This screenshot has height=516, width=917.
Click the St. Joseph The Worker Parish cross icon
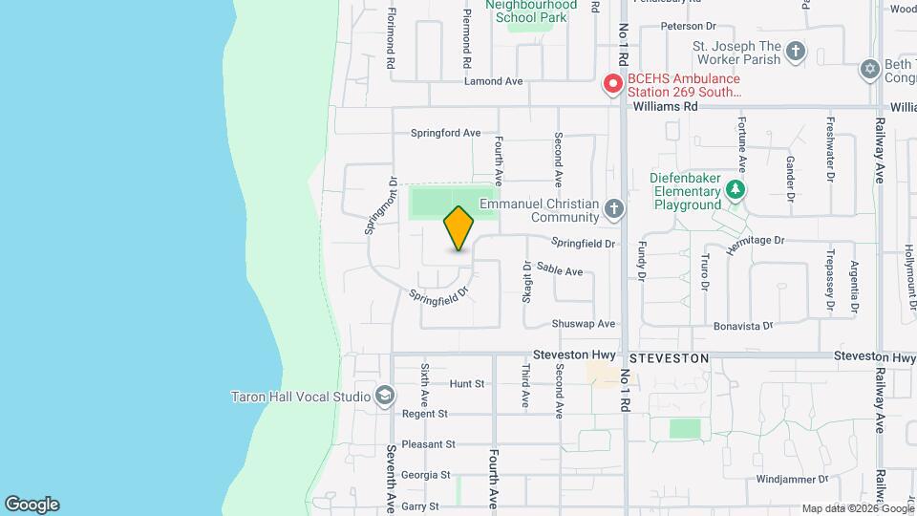coord(796,50)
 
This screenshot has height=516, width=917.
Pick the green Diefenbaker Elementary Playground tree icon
coord(736,189)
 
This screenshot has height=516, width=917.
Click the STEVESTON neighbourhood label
coord(670,357)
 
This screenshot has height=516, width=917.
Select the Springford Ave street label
coord(445,133)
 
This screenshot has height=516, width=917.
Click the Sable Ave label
coord(560,271)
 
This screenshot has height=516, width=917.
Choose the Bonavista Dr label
coord(743,326)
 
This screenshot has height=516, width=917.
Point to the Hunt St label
coord(467,383)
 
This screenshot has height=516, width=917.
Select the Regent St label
coord(424,414)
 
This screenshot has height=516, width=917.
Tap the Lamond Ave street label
coord(493,81)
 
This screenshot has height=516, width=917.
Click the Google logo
coord(32,505)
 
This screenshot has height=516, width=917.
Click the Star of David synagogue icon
coord(869,69)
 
